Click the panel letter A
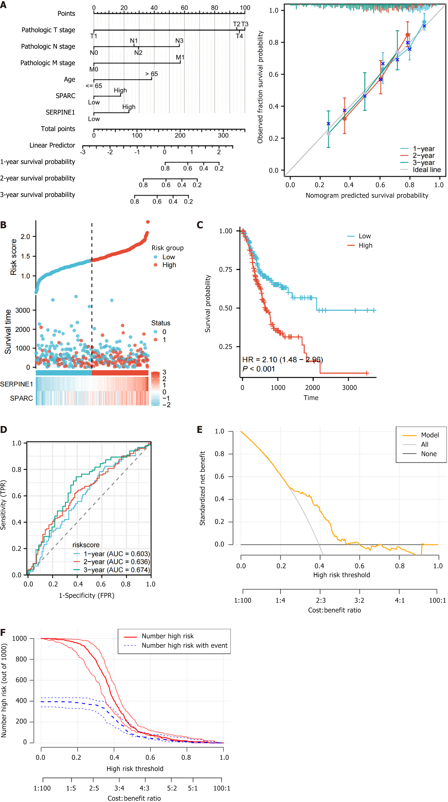tap(3, 5)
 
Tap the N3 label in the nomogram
tap(179, 41)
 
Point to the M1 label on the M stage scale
tap(180, 58)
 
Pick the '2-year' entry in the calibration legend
tap(423, 156)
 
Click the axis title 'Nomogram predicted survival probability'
tap(367, 196)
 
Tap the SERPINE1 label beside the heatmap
tap(16, 384)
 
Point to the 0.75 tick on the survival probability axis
tap(225, 270)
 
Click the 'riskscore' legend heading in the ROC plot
tap(86, 545)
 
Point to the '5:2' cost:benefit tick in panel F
tap(172, 788)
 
